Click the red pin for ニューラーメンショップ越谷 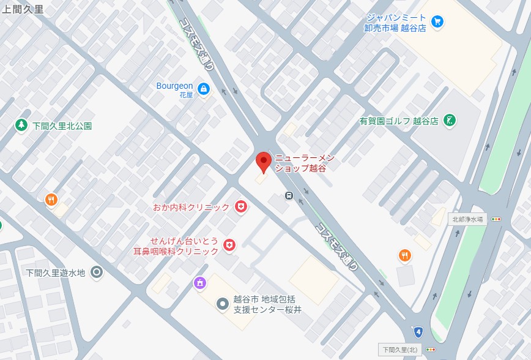263,162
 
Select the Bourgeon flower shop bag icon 204,89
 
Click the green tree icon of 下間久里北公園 21,125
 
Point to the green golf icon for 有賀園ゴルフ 450,120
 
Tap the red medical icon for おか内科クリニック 241,207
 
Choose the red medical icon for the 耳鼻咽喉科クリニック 229,246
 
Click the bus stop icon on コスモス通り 288,196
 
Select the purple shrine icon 199,283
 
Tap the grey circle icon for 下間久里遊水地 97,272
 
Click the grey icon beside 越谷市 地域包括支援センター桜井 223,304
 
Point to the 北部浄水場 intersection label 469,219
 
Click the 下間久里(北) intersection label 399,350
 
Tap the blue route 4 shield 418,332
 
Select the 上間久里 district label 23,9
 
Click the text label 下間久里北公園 62,126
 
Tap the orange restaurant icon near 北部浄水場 404,255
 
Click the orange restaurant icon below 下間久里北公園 51,199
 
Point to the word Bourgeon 174,86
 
